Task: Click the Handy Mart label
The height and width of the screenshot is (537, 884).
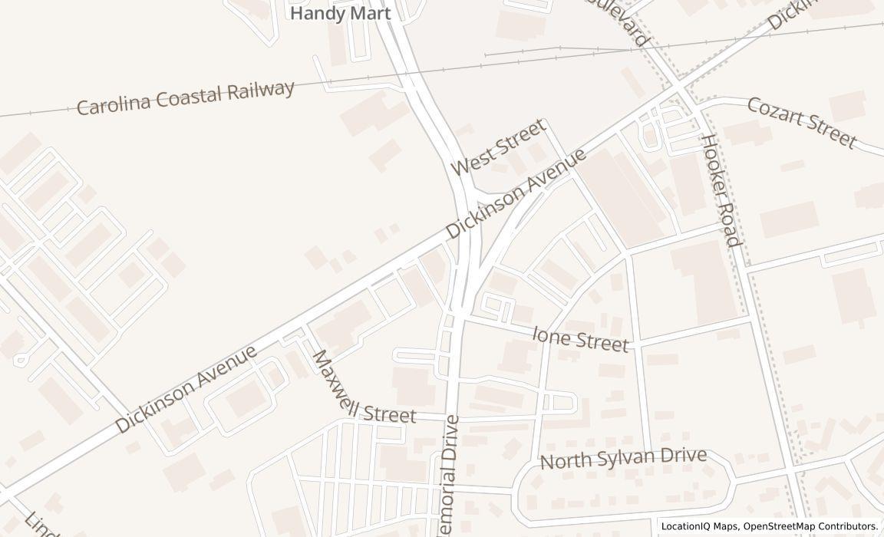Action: (340, 13)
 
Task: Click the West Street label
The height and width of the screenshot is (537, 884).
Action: (498, 147)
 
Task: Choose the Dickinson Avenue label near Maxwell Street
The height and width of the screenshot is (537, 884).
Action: (186, 389)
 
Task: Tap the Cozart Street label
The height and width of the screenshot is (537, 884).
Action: (800, 122)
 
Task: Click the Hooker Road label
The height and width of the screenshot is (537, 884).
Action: (721, 189)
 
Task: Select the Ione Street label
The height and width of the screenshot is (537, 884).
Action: (580, 338)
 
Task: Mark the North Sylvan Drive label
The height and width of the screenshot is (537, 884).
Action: (623, 458)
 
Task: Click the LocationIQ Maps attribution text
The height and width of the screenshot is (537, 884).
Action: (700, 526)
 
